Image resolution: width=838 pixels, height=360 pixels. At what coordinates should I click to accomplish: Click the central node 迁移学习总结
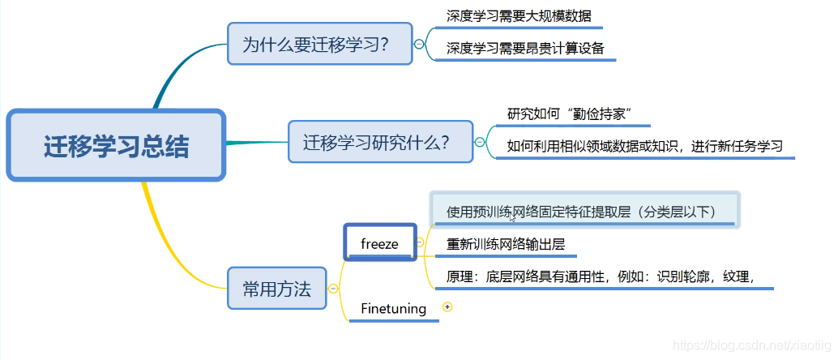115,146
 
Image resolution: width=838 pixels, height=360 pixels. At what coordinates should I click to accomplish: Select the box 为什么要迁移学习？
320,44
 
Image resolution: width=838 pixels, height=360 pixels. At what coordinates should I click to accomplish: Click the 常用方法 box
276,288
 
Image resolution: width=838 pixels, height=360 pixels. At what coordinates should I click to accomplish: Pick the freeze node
380,242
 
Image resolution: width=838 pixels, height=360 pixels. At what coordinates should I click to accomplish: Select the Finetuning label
393,308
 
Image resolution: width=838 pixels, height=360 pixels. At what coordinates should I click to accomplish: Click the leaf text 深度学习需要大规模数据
519,15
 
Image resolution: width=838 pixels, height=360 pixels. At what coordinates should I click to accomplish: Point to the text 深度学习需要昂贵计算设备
525,48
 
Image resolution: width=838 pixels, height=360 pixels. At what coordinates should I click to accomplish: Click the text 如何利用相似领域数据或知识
644,146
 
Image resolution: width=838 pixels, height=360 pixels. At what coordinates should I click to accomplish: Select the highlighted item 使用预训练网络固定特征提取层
582,211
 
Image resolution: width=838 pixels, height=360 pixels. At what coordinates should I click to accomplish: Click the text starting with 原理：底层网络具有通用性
601,276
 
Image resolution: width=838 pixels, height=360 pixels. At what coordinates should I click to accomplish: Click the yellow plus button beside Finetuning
447,307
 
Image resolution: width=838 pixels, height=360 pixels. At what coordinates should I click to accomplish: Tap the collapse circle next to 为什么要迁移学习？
419,45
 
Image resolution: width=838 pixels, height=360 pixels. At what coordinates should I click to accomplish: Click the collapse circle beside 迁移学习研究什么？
480,142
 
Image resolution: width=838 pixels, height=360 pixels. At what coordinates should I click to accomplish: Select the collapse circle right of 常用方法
332,289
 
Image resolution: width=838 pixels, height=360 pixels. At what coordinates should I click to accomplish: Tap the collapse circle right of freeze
420,242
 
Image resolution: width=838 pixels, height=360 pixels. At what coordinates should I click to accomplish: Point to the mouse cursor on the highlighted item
513,218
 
